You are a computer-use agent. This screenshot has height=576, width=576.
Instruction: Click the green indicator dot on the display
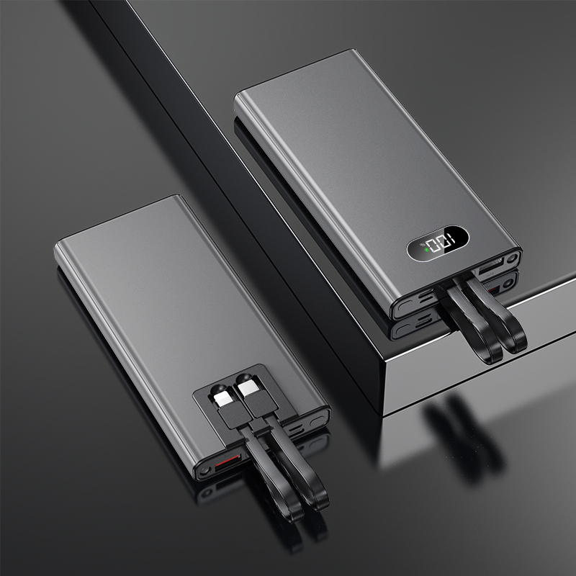(426, 249)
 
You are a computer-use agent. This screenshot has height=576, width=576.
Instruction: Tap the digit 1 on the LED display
(449, 241)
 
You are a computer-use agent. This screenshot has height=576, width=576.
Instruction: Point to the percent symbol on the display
(422, 243)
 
